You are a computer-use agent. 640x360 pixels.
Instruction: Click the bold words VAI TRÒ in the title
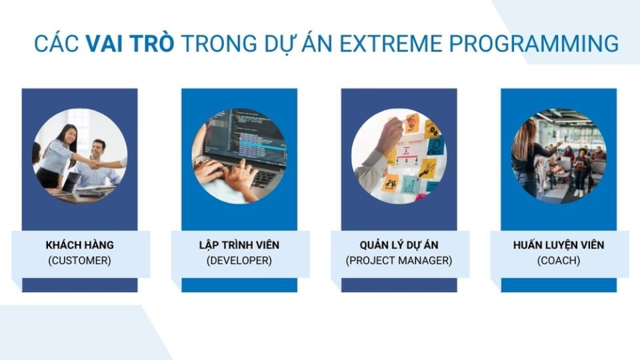pos(130,44)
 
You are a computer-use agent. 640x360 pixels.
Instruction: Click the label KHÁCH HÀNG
pos(79,245)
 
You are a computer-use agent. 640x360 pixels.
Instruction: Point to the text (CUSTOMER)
pos(79,261)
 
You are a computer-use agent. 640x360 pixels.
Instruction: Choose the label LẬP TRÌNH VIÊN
pos(239,245)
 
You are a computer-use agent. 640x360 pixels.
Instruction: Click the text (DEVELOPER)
pos(239,261)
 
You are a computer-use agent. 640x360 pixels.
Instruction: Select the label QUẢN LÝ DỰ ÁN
pos(399,245)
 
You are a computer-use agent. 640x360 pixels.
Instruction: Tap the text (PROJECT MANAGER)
pos(399,261)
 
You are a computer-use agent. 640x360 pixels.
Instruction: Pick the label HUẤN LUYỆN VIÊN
pos(559,245)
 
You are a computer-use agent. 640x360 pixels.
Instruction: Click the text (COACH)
pos(559,261)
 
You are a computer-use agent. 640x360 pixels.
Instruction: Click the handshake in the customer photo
pos(94,163)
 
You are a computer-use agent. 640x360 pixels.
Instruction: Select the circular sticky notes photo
pos(399,156)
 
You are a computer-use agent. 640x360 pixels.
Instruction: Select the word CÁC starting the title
pos(57,44)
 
